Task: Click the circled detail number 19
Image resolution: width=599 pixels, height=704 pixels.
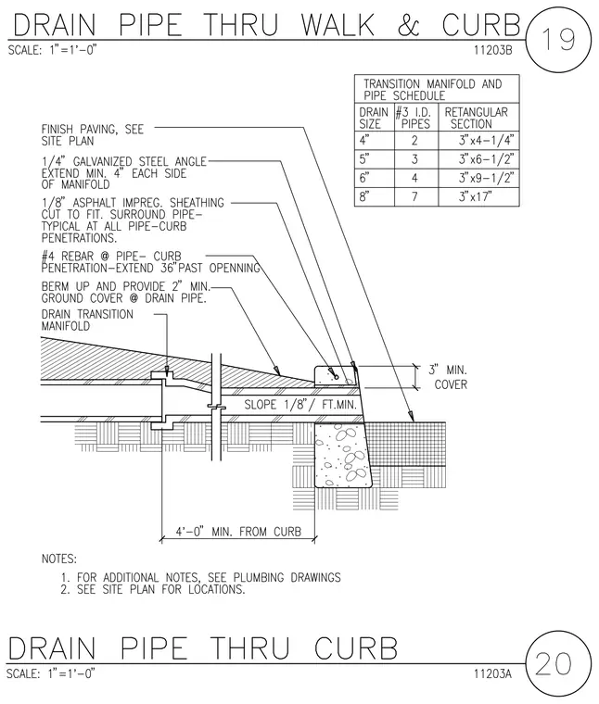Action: coord(558,39)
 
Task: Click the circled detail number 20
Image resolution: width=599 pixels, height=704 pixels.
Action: coord(554,663)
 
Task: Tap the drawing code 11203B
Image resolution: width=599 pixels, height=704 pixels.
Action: coord(493,50)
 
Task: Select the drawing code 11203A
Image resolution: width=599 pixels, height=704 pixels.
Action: coord(492,673)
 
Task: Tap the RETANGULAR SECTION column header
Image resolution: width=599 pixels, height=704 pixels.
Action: coord(477,118)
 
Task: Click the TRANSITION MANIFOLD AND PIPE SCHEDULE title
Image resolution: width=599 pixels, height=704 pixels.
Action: coord(433,90)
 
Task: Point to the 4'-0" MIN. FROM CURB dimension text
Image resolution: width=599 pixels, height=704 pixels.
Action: coord(238,532)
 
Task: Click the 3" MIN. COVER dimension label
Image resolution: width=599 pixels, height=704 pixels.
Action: coord(448,377)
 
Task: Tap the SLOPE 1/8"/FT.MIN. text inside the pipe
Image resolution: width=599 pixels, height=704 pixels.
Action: coord(300,405)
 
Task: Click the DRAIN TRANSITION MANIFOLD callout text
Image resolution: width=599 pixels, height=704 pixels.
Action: coord(87,321)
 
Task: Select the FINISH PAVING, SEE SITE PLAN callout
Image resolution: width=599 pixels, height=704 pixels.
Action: coord(93,135)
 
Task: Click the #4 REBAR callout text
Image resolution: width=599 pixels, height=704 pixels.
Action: coord(150,262)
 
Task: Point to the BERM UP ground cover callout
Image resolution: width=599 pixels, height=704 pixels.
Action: coord(126,293)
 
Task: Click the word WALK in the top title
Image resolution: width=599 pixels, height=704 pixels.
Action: coord(338,25)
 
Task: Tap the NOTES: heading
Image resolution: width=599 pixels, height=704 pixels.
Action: coord(58,559)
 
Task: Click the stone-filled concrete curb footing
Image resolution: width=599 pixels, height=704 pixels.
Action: coord(343,455)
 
